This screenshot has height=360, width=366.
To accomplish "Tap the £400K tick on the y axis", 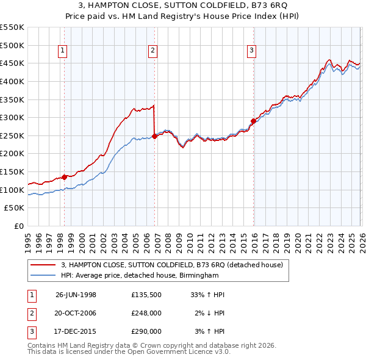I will [12, 81].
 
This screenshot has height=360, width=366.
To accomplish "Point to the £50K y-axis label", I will [15, 208].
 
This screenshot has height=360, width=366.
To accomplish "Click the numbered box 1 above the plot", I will [64, 51].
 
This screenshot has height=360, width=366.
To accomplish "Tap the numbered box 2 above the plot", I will [152, 51].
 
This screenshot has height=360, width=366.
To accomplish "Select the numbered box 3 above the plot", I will [252, 51].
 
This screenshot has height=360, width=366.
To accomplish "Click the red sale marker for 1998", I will [65, 177].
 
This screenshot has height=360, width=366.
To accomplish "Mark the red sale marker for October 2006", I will [154, 137].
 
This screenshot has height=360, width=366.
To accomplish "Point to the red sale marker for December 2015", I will [253, 121].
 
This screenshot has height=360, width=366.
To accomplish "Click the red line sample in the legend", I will [43, 265].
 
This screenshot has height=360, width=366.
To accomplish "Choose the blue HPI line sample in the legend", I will [43, 275].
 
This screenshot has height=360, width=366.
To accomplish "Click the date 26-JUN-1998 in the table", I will [76, 295].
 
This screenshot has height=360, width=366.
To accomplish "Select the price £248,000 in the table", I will [146, 313].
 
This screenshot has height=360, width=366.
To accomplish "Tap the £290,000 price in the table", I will [146, 331].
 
